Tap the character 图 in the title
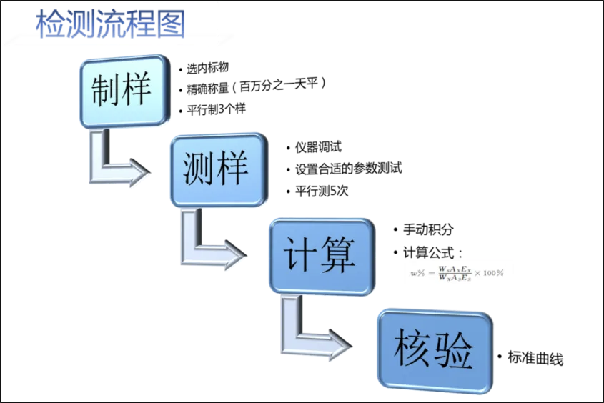[171, 25]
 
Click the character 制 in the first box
[107, 91]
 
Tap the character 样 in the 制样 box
[138, 91]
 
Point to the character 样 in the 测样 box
[233, 169]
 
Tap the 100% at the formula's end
[493, 273]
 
